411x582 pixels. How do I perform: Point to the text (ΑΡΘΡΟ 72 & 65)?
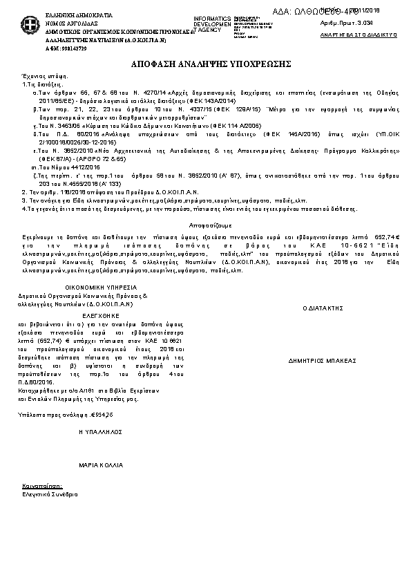tap(102, 159)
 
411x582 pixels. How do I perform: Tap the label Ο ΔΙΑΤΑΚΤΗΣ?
tap(323, 308)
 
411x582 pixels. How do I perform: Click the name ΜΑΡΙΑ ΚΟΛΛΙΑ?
tap(101, 465)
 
